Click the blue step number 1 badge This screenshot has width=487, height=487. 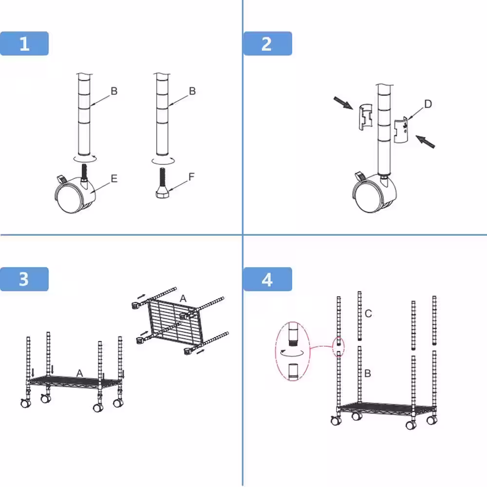(x=24, y=43)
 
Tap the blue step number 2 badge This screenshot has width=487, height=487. (x=267, y=43)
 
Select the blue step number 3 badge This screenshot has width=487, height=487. (x=24, y=279)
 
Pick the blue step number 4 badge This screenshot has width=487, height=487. (x=267, y=279)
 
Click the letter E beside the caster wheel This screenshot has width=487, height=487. (x=114, y=179)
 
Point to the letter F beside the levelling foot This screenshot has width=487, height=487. (x=191, y=177)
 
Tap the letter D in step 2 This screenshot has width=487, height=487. (x=428, y=104)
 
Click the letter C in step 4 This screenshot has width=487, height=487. (x=368, y=313)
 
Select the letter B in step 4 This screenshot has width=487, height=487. (x=368, y=373)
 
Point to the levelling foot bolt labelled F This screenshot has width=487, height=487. (x=163, y=183)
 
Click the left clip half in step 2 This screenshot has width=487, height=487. (x=366, y=117)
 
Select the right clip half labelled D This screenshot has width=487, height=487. (x=401, y=130)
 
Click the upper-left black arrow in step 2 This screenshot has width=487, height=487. (x=343, y=103)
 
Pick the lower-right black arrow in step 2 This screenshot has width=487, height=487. (x=425, y=142)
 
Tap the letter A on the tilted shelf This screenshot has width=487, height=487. (x=183, y=299)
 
